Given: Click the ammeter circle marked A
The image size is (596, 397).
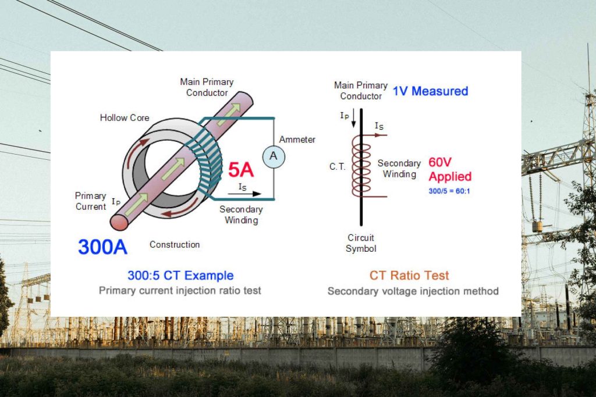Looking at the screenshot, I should tap(274, 157).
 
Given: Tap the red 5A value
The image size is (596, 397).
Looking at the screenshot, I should tap(240, 170).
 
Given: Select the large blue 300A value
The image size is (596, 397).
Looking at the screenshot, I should tap(102, 246).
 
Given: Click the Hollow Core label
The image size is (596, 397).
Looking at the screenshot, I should tap(125, 117).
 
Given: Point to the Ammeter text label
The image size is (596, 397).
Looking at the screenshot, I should tap(297, 140).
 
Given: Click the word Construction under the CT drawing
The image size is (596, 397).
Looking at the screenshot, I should tap(175, 245).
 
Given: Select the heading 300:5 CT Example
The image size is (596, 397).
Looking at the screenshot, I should tap(180, 276).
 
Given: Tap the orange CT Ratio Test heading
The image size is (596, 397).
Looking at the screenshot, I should tap(409, 276).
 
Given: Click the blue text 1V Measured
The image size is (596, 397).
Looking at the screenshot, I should tap(430, 91).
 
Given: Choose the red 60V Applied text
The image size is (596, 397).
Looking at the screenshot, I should tap(449, 169).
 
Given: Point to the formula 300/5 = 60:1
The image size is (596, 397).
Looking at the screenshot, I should tap(449, 191).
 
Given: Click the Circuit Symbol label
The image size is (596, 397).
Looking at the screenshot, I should tap(361, 243).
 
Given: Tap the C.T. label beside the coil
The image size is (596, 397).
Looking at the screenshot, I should tap(338, 166).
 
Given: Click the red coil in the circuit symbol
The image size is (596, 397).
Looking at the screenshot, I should tap(361, 166).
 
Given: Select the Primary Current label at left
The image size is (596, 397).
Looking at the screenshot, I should tap(91, 201).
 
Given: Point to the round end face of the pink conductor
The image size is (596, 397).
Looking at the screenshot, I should tap(120, 223).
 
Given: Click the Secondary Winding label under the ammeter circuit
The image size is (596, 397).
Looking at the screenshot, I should tap(241, 214).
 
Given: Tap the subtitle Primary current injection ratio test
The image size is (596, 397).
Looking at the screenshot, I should tap(180, 291).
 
